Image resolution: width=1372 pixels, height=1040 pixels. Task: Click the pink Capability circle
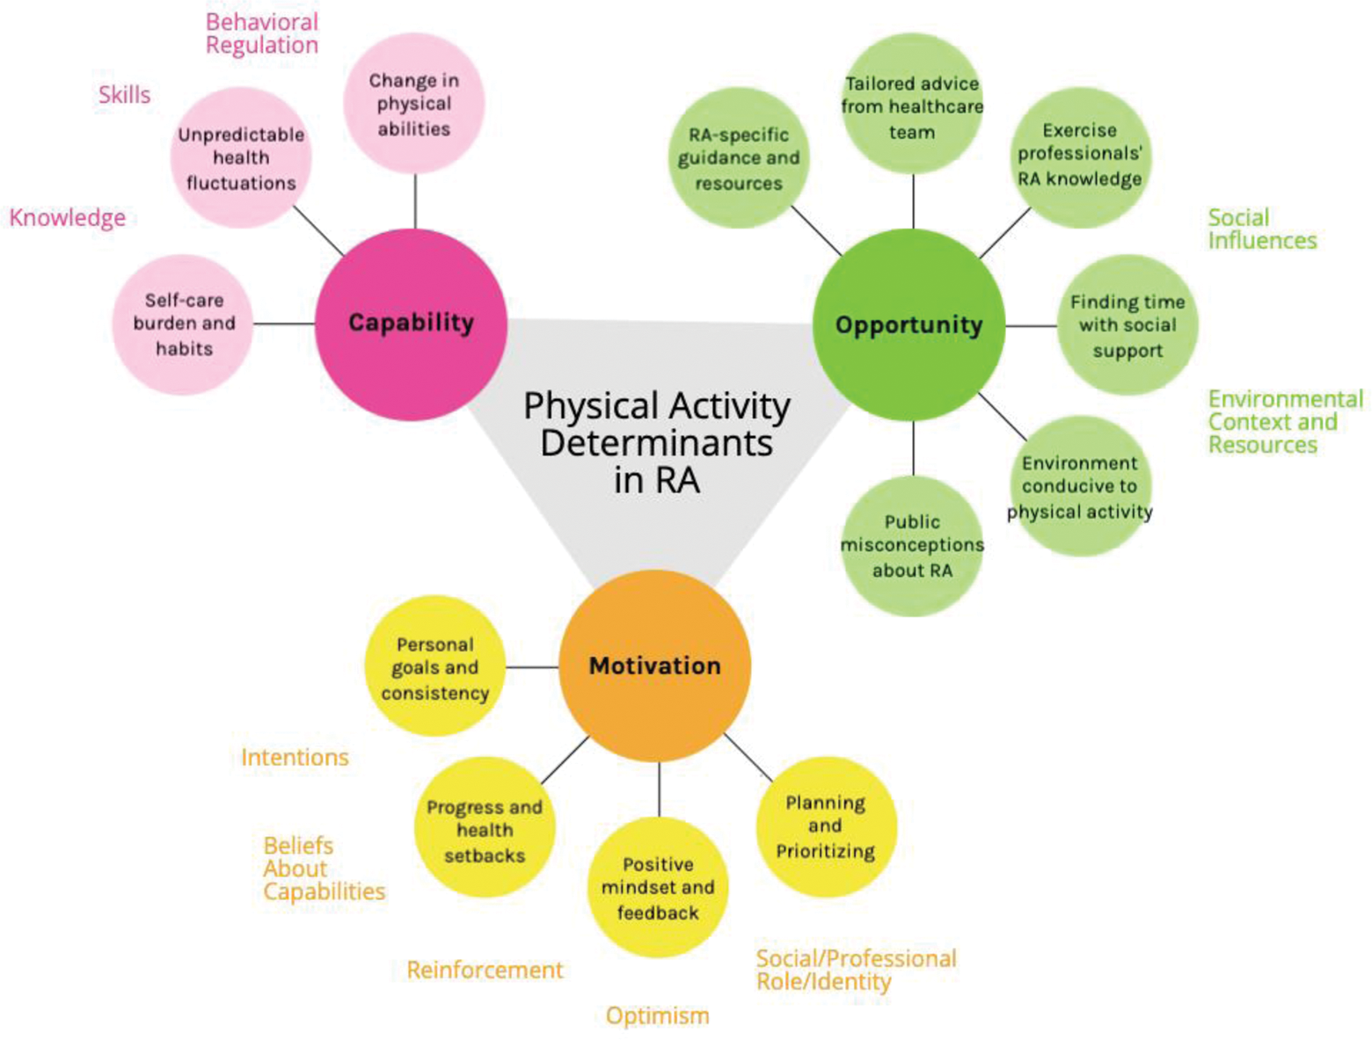[x=411, y=324]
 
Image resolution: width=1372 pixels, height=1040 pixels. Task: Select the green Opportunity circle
[x=909, y=325]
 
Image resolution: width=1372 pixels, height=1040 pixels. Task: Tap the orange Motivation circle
[x=654, y=665]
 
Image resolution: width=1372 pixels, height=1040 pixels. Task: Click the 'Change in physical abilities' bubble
[x=413, y=104]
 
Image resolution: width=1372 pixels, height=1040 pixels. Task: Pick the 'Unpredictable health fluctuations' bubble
[x=241, y=158]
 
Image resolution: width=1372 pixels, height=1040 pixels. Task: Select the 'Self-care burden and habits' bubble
[x=183, y=324]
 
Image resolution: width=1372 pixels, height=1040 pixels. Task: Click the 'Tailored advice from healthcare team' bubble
[x=912, y=106]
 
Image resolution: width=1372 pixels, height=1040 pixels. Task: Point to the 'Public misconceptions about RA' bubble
[x=912, y=546]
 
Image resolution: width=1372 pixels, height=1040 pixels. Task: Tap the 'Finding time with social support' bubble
[x=1127, y=325]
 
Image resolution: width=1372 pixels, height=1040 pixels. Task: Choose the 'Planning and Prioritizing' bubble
[x=825, y=826]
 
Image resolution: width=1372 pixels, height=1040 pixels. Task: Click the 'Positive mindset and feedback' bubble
[x=658, y=888]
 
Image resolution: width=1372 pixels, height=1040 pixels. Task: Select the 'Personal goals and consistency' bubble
[x=434, y=667]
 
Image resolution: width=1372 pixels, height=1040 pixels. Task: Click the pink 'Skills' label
[x=124, y=95]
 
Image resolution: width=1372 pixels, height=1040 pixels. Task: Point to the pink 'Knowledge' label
[x=68, y=217]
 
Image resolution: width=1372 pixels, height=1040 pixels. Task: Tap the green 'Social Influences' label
[x=1261, y=229]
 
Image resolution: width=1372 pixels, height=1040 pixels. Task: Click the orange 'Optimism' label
[x=657, y=1015]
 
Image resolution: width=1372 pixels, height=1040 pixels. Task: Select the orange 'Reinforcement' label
[x=485, y=970]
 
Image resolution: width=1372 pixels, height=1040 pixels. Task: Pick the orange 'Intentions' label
[x=295, y=757]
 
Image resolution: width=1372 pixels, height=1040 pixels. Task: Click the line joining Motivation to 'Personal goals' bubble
[x=532, y=667]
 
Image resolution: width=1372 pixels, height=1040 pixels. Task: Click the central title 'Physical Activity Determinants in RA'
[x=656, y=443]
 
